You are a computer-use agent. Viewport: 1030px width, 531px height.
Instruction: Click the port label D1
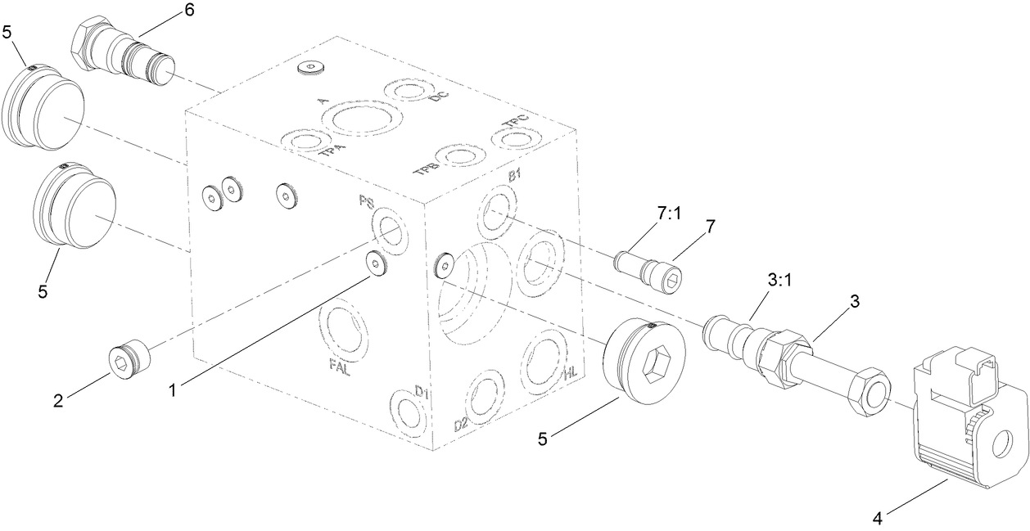421,392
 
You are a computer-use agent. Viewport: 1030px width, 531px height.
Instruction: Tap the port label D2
461,425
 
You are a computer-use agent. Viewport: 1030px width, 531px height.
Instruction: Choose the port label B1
515,176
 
